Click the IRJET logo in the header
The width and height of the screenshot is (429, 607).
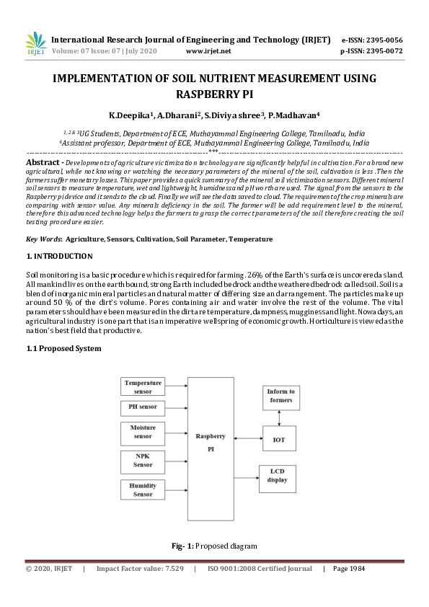click(35, 44)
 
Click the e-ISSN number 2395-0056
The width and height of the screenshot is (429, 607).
click(381, 40)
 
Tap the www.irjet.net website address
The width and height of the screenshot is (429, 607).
click(208, 51)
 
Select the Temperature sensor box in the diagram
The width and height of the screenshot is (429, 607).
click(143, 386)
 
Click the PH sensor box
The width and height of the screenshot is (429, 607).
click(143, 408)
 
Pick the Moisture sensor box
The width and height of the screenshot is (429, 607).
click(143, 432)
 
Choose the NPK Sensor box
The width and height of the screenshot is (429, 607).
click(143, 461)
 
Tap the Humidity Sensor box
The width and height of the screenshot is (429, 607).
click(143, 490)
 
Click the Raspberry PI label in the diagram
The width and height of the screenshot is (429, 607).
click(211, 442)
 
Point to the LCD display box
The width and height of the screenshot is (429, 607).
click(278, 475)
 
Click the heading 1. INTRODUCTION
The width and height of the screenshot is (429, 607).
click(59, 256)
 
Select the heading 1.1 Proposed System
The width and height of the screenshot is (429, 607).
click(63, 348)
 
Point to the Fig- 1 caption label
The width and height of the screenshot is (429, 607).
click(182, 546)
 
